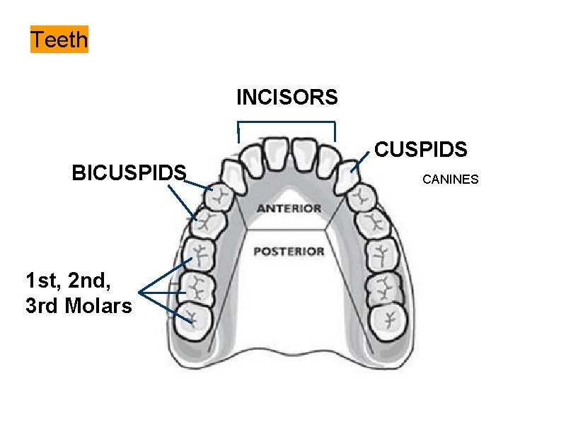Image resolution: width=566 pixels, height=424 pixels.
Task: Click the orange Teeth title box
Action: [x=59, y=40]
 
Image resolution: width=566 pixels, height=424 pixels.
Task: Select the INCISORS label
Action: [x=287, y=97]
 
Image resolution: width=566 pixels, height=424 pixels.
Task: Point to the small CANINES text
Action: [x=451, y=179]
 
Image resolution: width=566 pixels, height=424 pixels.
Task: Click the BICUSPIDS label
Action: [x=129, y=172]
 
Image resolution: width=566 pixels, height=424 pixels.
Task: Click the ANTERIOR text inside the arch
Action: [x=289, y=208]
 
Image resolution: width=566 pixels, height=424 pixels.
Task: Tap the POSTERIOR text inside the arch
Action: [x=289, y=251]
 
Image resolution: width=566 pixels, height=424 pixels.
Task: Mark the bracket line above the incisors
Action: [x=287, y=124]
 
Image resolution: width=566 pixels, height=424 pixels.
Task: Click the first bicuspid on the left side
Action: [x=221, y=200]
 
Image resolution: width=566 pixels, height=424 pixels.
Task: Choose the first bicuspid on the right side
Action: [x=365, y=199]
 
